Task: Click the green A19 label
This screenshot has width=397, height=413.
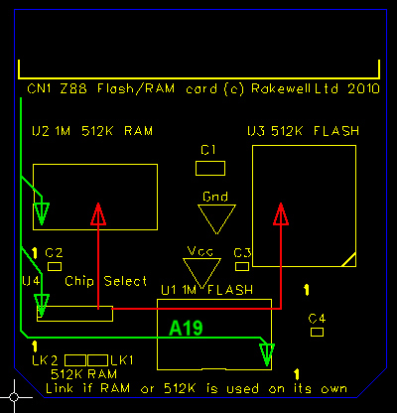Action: (187, 327)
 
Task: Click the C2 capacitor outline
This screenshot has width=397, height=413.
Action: (55, 266)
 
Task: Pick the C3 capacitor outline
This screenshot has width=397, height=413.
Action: (242, 266)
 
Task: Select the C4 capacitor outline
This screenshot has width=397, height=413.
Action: (317, 333)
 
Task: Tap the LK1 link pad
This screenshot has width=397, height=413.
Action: (97, 359)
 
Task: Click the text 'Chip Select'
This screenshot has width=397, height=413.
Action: (106, 281)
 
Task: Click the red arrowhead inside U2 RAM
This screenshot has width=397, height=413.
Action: (97, 214)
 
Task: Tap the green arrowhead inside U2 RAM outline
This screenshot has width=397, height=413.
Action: (41, 212)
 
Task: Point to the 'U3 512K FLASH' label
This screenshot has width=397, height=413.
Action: (303, 131)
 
